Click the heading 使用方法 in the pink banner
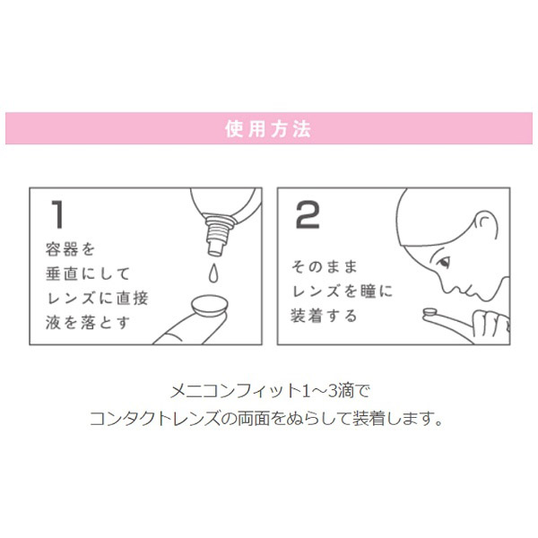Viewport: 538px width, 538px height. click(x=268, y=129)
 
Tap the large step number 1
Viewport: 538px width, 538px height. click(x=57, y=214)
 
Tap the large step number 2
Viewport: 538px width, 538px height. click(x=308, y=214)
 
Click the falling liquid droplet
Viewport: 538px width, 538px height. click(x=213, y=273)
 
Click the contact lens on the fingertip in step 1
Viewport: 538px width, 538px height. click(x=210, y=306)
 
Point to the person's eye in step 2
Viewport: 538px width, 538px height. click(x=443, y=263)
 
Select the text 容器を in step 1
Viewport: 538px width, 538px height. click(x=70, y=249)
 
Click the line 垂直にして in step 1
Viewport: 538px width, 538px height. click(x=88, y=273)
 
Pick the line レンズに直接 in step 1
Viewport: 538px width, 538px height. click(x=97, y=299)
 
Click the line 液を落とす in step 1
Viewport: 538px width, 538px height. click(x=88, y=323)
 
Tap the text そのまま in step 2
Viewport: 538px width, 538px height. click(x=325, y=266)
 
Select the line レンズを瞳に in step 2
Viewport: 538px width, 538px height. click(x=343, y=291)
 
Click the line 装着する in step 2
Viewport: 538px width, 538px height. click(x=324, y=316)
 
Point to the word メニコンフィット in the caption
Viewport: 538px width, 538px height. click(x=236, y=391)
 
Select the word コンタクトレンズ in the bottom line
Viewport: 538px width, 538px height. click(x=155, y=418)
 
